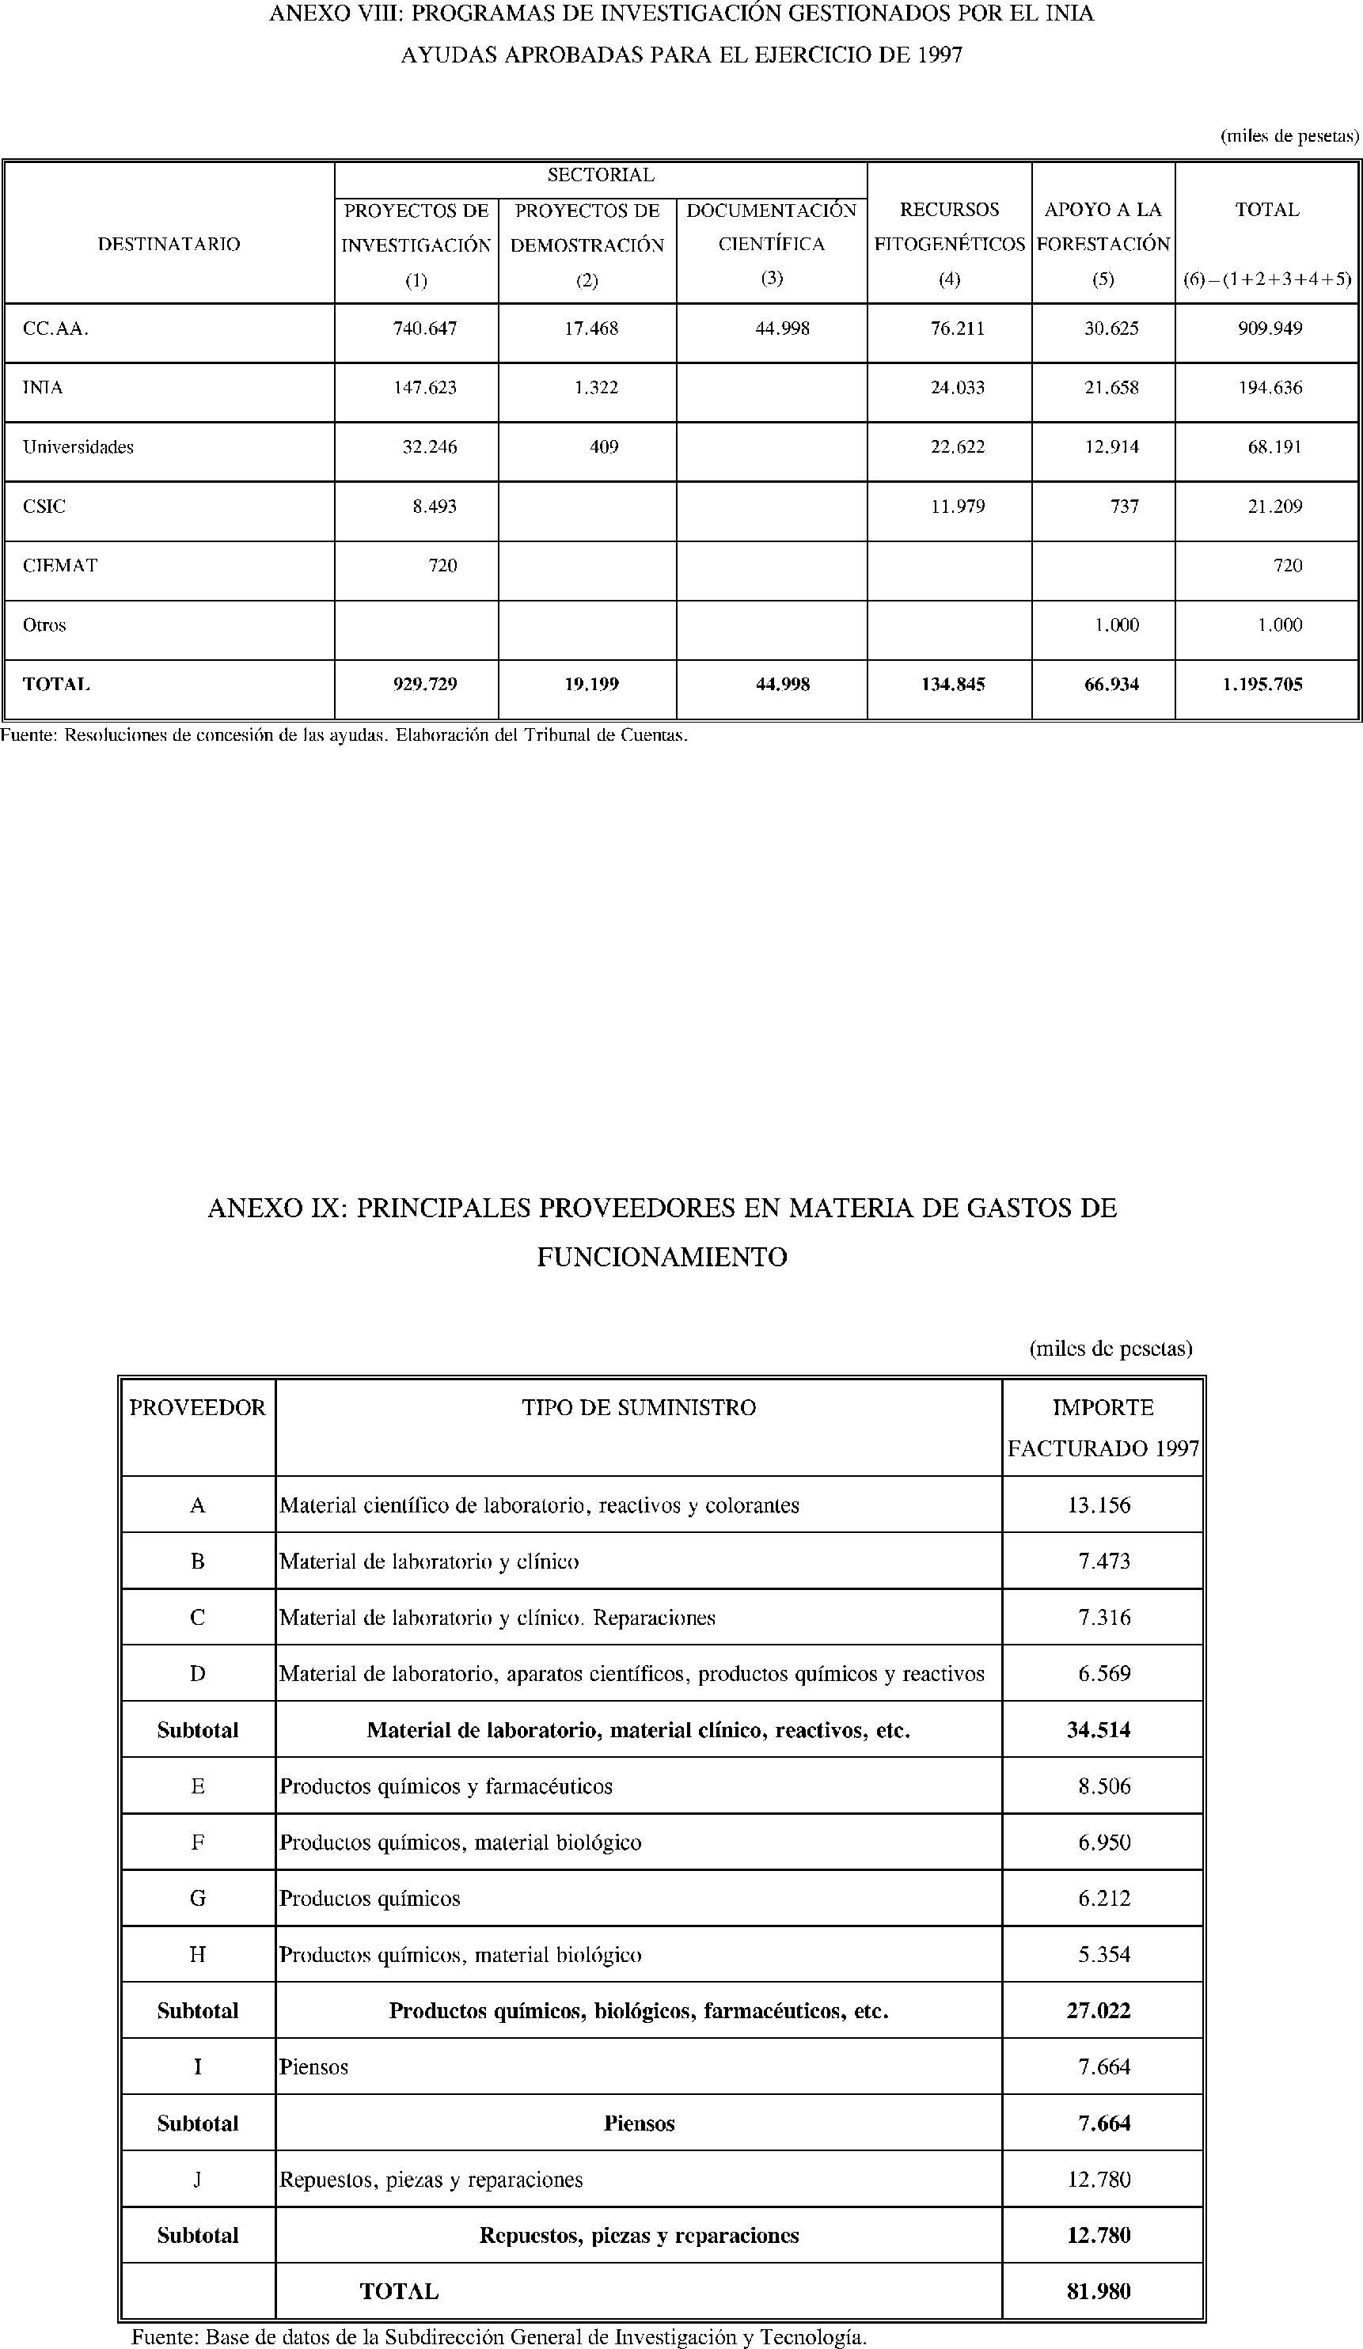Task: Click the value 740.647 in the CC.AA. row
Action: (425, 328)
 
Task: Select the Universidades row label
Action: (78, 446)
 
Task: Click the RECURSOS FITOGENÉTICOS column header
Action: (949, 226)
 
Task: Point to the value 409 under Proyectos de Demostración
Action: (604, 446)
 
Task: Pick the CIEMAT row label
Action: (59, 565)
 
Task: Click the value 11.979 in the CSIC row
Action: (958, 507)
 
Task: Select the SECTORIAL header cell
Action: (601, 174)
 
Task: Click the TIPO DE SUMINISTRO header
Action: (639, 1406)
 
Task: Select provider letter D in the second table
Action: (198, 1673)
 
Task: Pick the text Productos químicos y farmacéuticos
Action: (446, 1786)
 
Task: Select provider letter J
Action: (198, 2180)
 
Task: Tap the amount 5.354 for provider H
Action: (1104, 1955)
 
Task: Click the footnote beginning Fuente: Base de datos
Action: (499, 2337)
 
